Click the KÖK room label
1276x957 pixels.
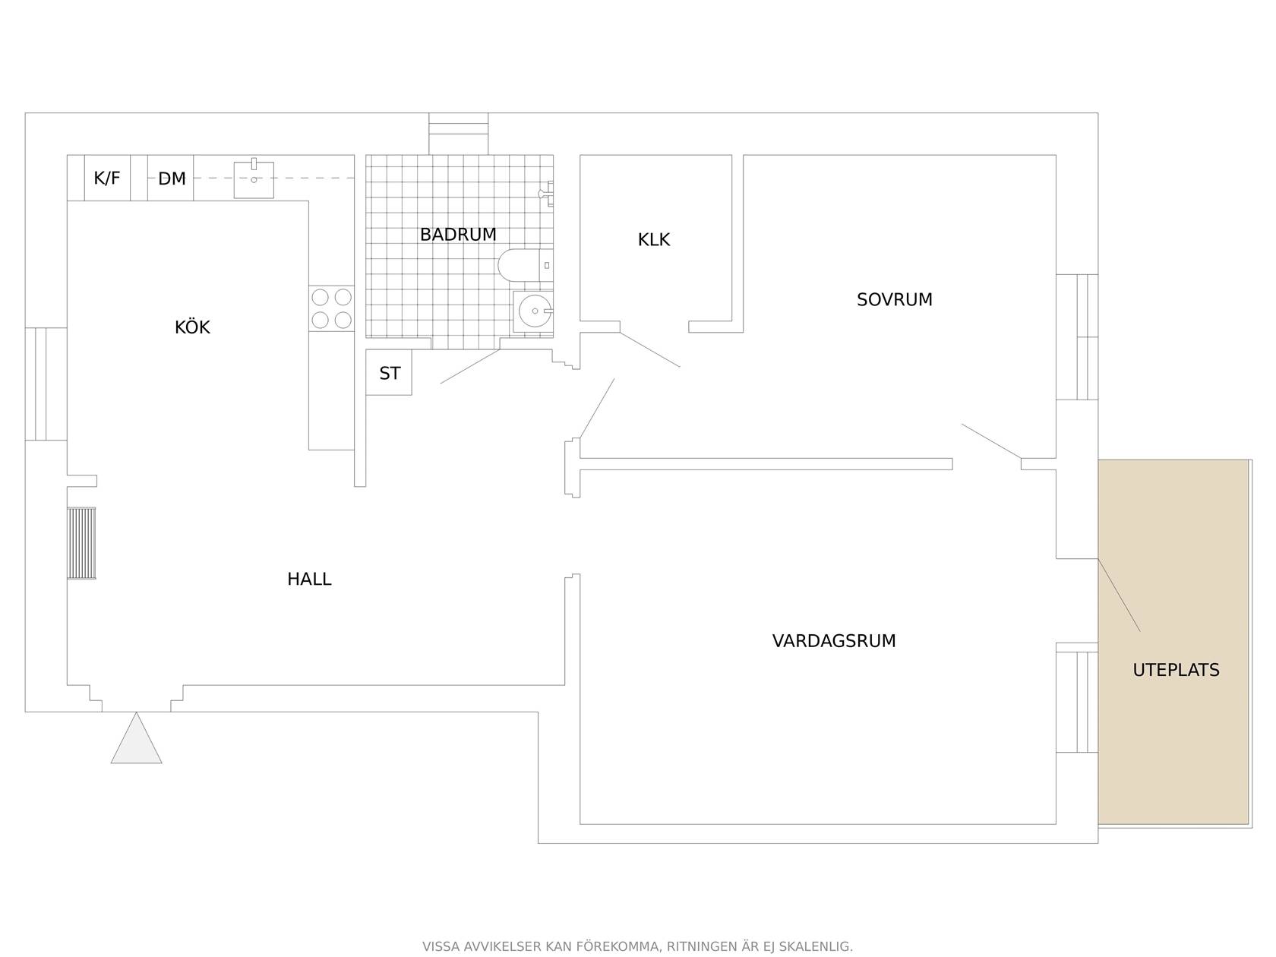click(x=192, y=327)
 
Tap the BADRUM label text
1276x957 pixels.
click(x=458, y=234)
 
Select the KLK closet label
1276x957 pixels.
click(x=653, y=239)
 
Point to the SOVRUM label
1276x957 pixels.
click(x=894, y=299)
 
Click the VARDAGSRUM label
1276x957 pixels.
click(x=834, y=640)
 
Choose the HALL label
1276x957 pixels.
click(x=309, y=579)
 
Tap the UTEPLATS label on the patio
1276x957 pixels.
click(x=1176, y=669)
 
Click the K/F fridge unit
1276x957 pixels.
click(x=107, y=178)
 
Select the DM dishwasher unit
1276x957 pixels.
click(x=170, y=178)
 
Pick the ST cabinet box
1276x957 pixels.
click(x=389, y=372)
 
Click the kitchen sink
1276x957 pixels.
click(x=254, y=179)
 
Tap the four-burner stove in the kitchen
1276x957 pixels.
click(x=331, y=308)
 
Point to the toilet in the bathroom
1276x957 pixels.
click(x=525, y=266)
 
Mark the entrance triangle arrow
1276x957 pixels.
click(x=137, y=737)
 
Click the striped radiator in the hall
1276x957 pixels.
click(x=81, y=543)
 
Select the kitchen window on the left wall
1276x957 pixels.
click(x=46, y=384)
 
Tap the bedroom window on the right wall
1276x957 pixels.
click(x=1076, y=337)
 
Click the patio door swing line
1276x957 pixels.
click(x=1119, y=595)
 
